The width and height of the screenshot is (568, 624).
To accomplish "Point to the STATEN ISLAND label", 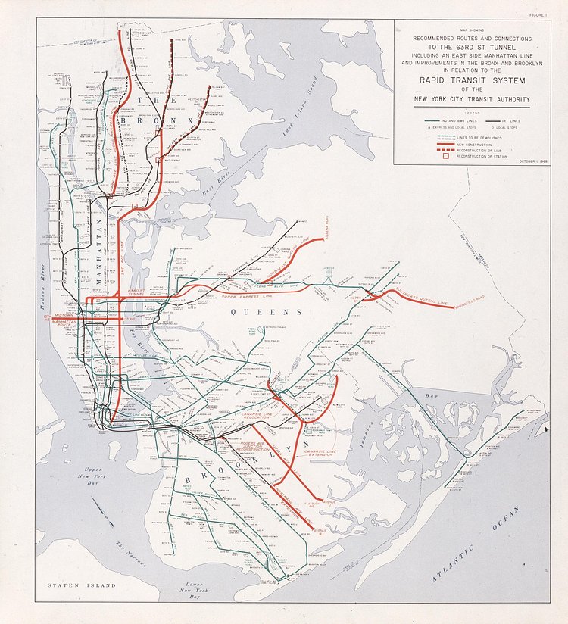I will tap(81, 585).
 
